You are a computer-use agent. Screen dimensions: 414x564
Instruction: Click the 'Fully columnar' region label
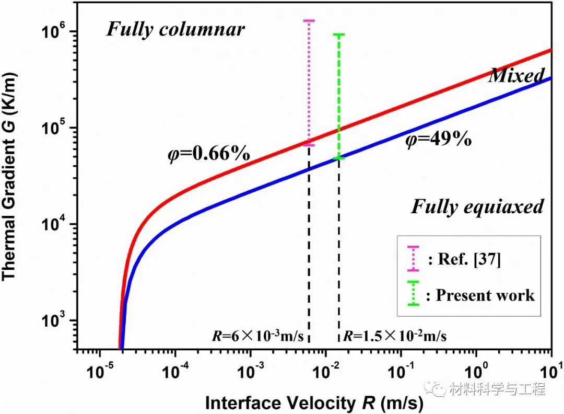175,29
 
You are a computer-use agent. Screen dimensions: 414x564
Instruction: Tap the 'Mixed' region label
516,76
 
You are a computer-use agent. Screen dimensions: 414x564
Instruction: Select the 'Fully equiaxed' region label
477,206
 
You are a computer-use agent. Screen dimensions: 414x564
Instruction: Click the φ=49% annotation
439,140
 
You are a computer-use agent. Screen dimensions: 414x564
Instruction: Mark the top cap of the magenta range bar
309,21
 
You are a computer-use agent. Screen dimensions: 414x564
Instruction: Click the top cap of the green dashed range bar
339,35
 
